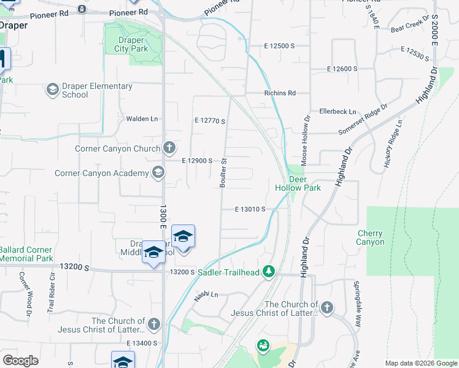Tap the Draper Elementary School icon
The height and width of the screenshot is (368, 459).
pos(53,90)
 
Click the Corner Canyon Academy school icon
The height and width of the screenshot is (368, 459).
pos(159,173)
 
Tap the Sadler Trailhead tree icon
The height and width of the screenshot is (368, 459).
pos(268,271)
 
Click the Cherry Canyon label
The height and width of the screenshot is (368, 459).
pos(370,237)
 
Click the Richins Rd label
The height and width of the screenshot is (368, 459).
pos(280,93)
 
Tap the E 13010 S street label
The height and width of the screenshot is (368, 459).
pos(250,209)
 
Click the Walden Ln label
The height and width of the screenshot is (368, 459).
pos(142,119)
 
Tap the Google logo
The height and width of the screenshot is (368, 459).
pos(20,361)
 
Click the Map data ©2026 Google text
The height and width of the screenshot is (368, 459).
pos(420,363)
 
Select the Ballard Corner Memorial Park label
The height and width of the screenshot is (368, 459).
pos(26,254)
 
